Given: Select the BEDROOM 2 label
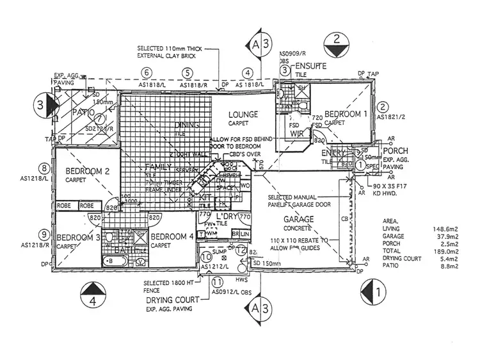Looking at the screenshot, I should pyautogui.click(x=88, y=171).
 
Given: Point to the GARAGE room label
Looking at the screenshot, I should pyautogui.click(x=298, y=219).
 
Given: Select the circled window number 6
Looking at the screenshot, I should pyautogui.click(x=147, y=73).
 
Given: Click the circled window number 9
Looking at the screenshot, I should pyautogui.click(x=44, y=234).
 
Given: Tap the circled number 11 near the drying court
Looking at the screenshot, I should pyautogui.click(x=218, y=281).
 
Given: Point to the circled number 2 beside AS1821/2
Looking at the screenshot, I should pyautogui.click(x=383, y=108).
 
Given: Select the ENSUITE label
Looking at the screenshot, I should pyautogui.click(x=310, y=66).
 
